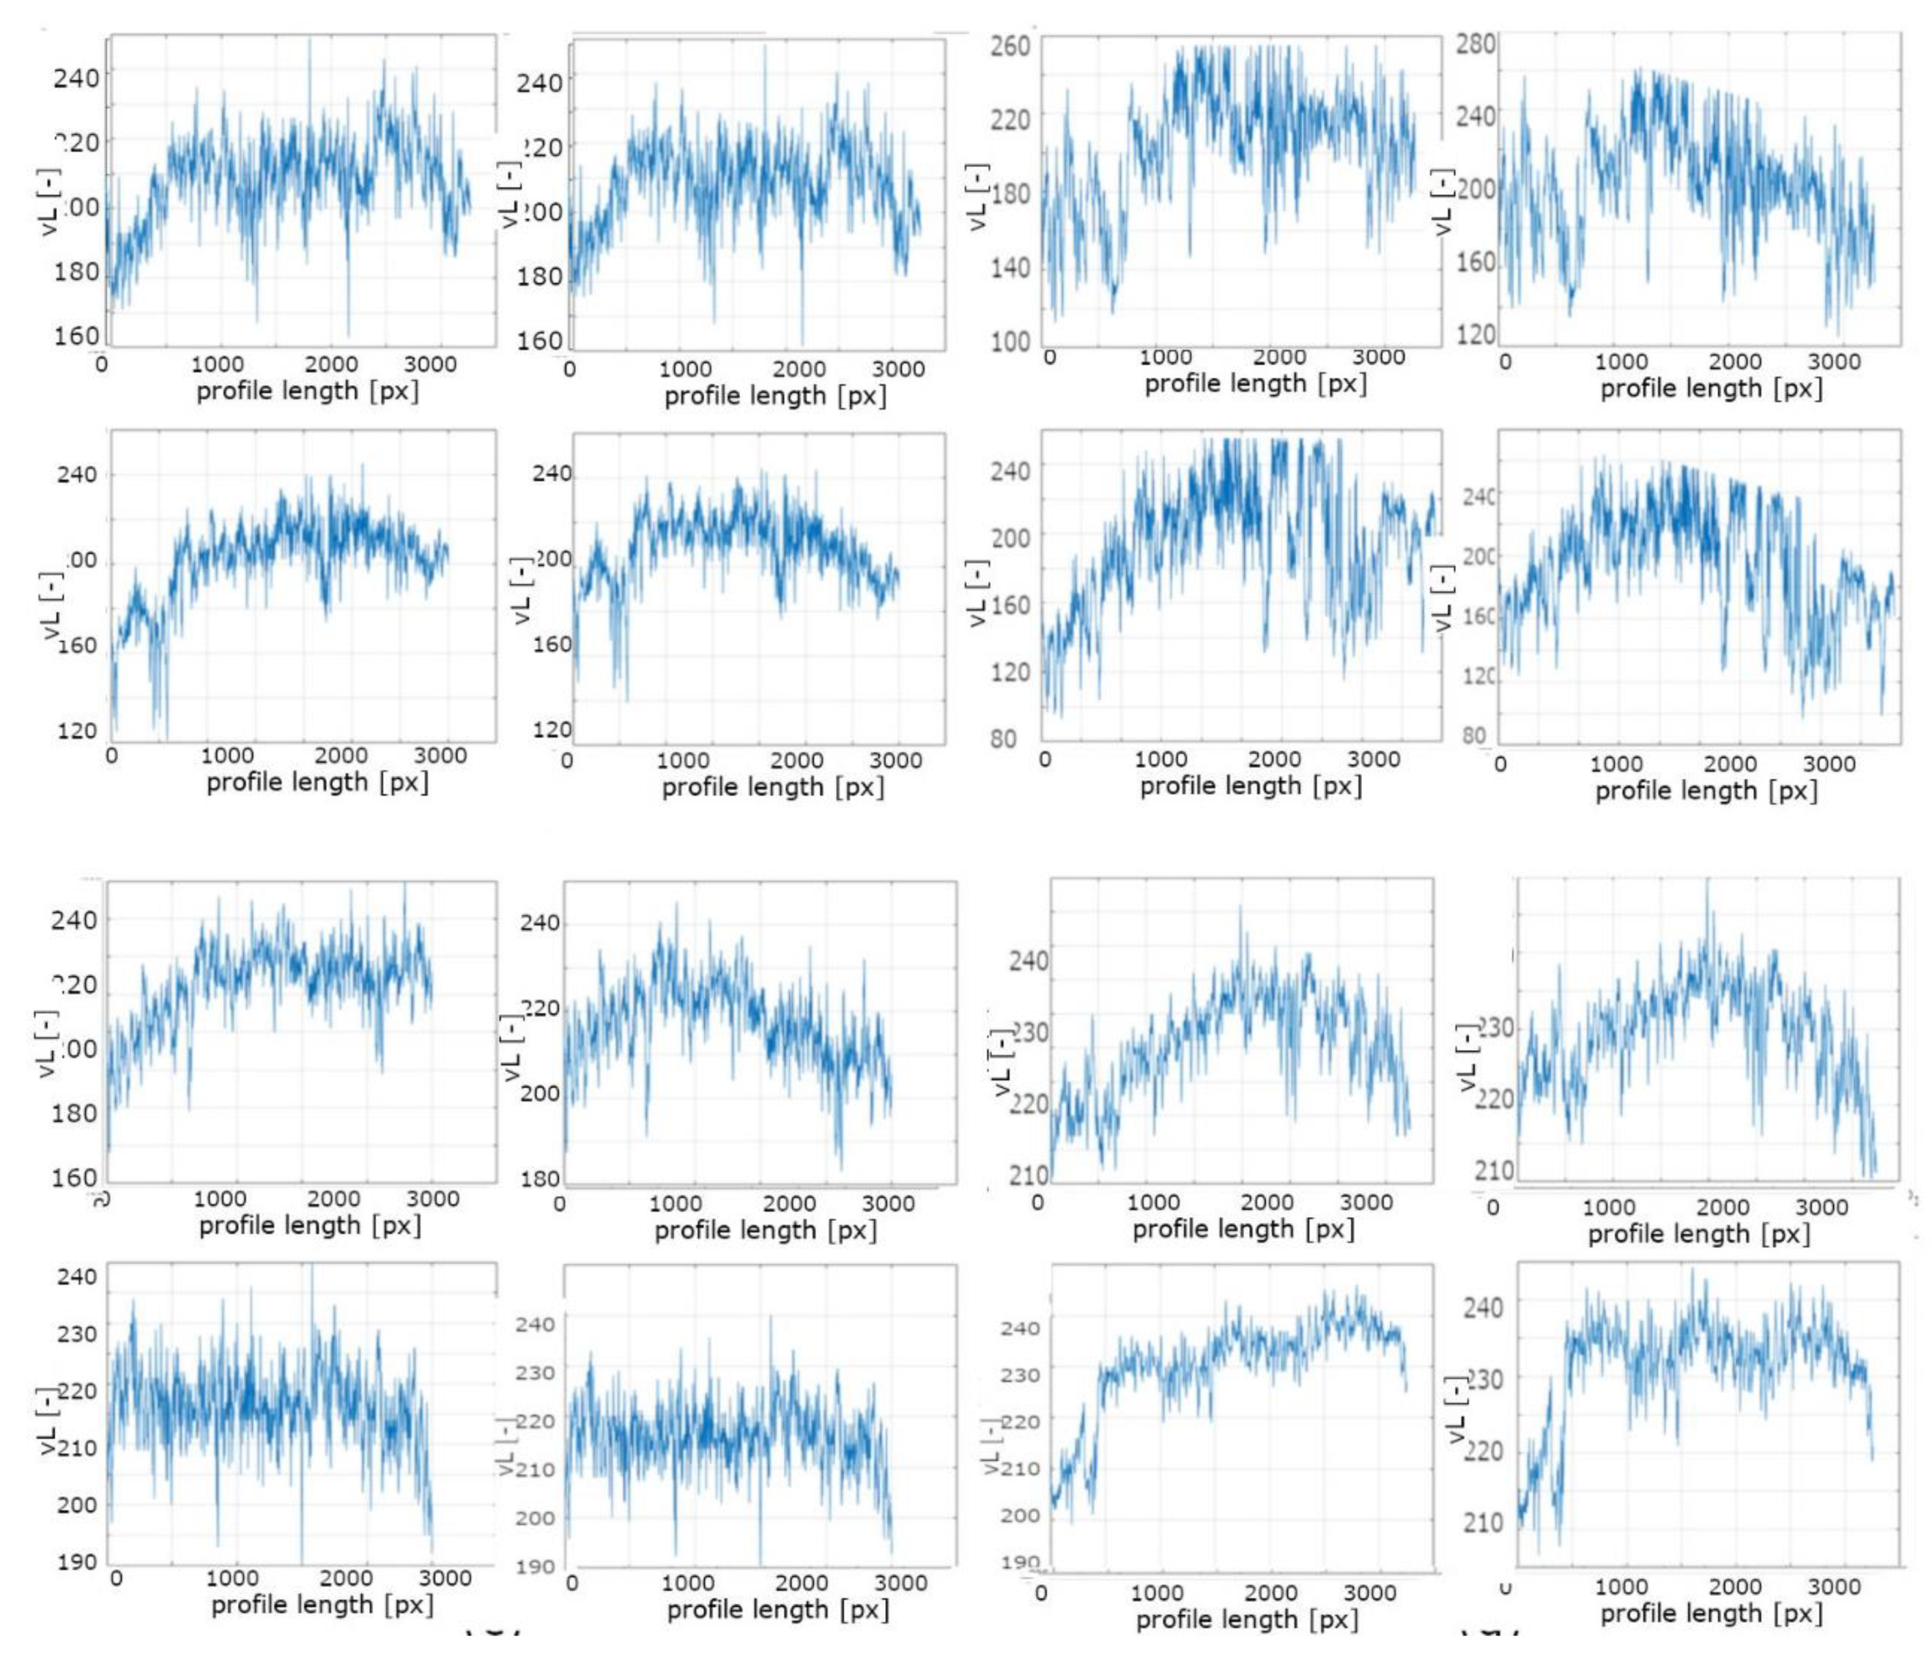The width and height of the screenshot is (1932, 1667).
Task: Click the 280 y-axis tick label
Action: (x=1476, y=44)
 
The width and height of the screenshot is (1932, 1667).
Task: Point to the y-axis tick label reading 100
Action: (x=1010, y=341)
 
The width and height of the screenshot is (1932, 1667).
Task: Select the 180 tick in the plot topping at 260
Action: (x=1010, y=194)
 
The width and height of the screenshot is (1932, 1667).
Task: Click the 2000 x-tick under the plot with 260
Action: (x=1278, y=356)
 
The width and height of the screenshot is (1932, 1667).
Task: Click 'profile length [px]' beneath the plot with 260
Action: (x=1255, y=383)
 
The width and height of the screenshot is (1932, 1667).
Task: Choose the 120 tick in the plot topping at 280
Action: (x=1476, y=334)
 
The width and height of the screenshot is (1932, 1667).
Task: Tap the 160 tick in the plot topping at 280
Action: (x=1476, y=262)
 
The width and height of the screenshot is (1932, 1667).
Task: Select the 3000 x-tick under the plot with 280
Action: (x=1834, y=361)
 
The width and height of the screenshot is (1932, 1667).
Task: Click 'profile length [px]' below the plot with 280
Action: (x=1711, y=388)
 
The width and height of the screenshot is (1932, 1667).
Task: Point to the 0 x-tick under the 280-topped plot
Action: (x=1505, y=361)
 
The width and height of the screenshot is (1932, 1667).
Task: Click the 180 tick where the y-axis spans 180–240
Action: (x=539, y=1179)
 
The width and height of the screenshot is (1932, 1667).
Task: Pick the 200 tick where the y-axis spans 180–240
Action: (x=539, y=1092)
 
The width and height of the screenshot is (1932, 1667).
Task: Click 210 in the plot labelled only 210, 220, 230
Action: (x=1494, y=1169)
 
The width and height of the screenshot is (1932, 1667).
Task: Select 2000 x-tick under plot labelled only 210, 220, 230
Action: (x=1722, y=1207)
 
